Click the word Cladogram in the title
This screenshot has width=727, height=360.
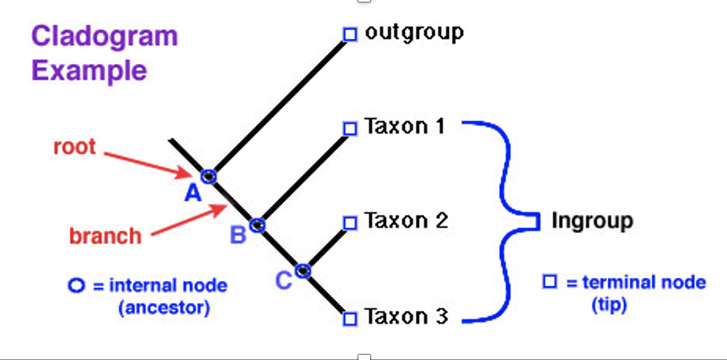[x=105, y=36]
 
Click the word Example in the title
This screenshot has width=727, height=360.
[x=90, y=70]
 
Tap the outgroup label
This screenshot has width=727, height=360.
[x=413, y=32]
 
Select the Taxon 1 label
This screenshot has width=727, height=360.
[x=405, y=127]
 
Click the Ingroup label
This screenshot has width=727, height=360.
[x=593, y=221]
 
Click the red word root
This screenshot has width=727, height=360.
[x=75, y=148]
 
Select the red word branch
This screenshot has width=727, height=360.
[x=105, y=236]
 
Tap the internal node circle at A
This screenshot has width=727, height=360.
[x=208, y=176]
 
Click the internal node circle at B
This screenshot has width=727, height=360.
[x=257, y=224]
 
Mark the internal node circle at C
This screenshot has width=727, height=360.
[x=304, y=270]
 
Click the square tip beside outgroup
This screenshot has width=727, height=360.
[x=349, y=34]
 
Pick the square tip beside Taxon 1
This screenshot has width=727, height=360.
[x=349, y=128]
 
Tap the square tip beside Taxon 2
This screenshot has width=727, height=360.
[x=349, y=222]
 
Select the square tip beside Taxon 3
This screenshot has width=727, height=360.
[x=349, y=318]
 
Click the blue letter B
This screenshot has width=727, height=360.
[x=238, y=236]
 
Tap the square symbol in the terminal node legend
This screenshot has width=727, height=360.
[x=549, y=282]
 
